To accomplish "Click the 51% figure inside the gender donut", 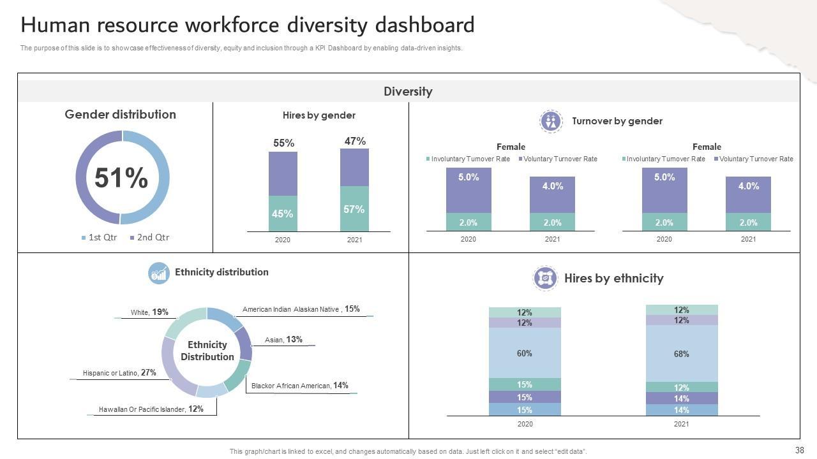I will click(x=121, y=178).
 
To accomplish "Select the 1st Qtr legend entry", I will click(x=99, y=237).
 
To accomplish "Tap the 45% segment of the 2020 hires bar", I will click(x=282, y=214).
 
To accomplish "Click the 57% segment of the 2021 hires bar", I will click(x=354, y=209).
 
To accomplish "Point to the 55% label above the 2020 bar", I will click(x=284, y=143).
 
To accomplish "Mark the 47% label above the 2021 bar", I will click(x=355, y=141).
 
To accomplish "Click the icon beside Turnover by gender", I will click(x=550, y=121).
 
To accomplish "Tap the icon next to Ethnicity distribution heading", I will click(x=159, y=273).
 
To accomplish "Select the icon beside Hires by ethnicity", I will click(x=545, y=278).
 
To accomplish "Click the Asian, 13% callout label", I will click(x=284, y=340).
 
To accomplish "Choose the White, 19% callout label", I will click(x=149, y=312).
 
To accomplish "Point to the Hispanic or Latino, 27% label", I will click(x=119, y=373).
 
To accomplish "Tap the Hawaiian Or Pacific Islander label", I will click(x=151, y=409).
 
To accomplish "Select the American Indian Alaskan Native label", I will click(x=301, y=309).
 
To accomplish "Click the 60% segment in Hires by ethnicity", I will click(x=525, y=353).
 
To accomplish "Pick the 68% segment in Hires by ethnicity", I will click(x=681, y=353).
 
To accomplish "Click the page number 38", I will click(x=799, y=450).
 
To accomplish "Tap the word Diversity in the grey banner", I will click(x=408, y=91).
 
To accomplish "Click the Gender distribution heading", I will click(x=120, y=115).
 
